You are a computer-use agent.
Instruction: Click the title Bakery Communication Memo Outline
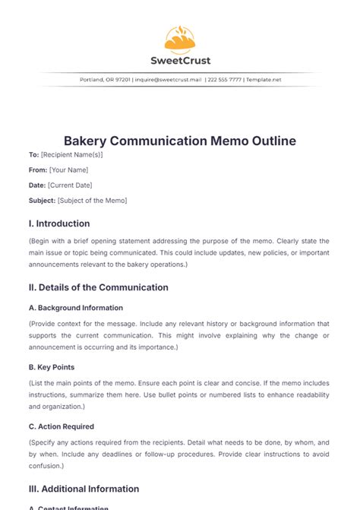pos(179,141)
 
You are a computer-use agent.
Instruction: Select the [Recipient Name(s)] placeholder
pos(71,154)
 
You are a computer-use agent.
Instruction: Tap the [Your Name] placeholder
pos(68,169)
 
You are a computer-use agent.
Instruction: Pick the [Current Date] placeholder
pos(71,185)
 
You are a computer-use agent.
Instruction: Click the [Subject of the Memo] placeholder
pos(92,201)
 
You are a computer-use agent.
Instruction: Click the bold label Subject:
pos(42,201)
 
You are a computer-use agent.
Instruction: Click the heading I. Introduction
pos(58,223)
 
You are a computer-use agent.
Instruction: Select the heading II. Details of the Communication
pos(98,287)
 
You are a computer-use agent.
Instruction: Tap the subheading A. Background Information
pos(75,308)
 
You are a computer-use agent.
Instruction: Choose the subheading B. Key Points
pos(51,366)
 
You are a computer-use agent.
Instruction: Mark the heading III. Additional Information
pos(85,488)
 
